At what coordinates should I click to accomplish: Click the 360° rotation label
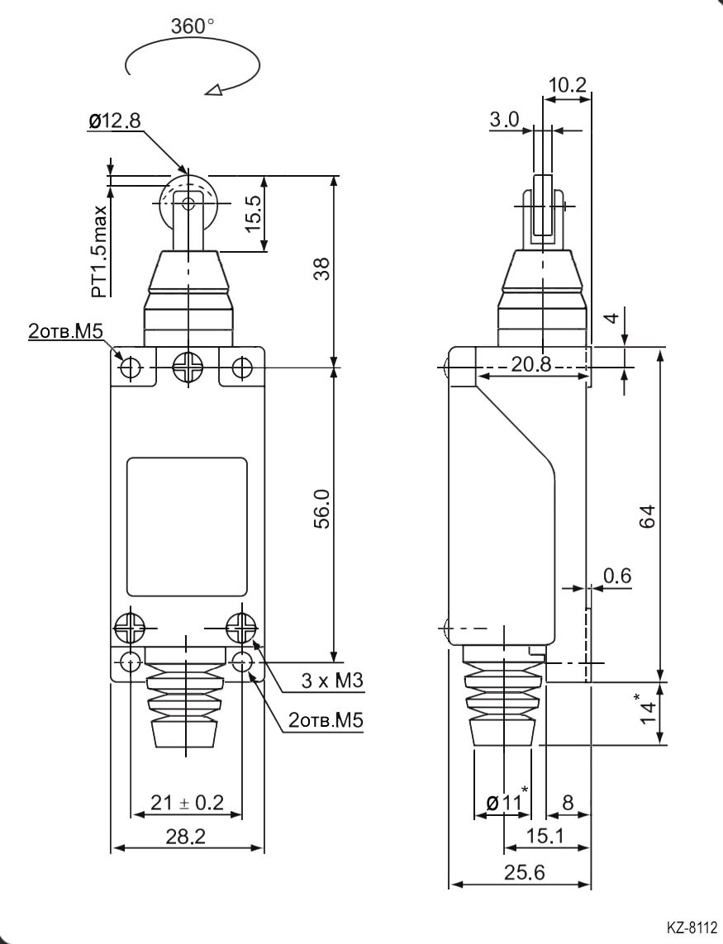(x=192, y=26)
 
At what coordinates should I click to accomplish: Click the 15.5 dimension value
(x=254, y=214)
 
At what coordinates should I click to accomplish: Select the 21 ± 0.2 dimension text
(x=187, y=801)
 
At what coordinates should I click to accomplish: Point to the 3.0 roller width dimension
(x=504, y=119)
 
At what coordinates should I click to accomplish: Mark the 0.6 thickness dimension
(x=616, y=576)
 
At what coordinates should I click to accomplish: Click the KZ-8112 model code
(x=691, y=927)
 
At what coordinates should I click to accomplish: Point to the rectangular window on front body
(x=187, y=527)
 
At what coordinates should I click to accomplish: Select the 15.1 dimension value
(x=545, y=837)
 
